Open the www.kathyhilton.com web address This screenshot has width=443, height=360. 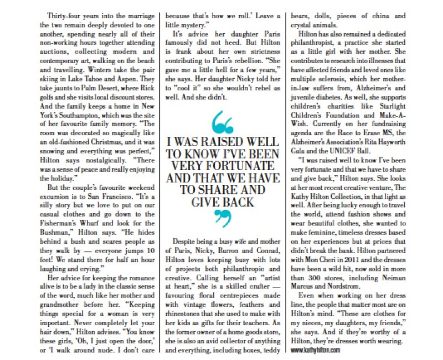[x=318, y=349]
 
